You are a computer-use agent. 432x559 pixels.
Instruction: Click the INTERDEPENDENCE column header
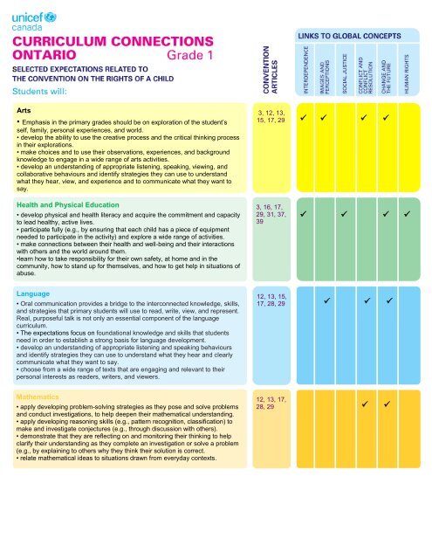point(302,72)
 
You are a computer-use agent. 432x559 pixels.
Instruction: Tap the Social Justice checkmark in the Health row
point(345,212)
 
